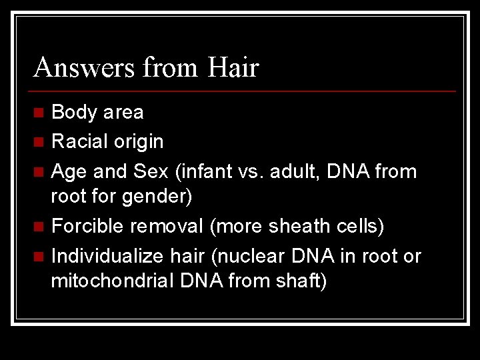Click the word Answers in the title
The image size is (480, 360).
[80, 67]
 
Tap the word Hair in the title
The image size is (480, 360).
[233, 67]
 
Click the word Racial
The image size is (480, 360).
[81, 142]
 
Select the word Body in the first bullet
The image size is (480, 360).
[74, 113]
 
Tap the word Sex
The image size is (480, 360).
[150, 172]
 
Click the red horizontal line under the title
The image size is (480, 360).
[244, 91]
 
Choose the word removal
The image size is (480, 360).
[171, 227]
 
